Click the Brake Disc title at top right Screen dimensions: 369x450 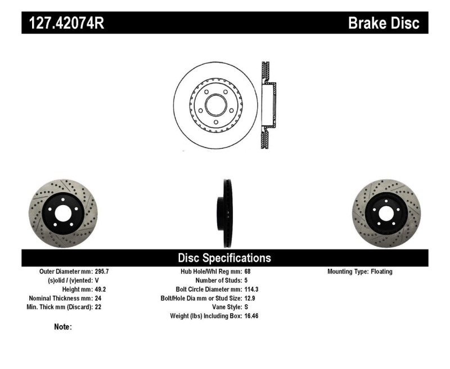tap(383, 23)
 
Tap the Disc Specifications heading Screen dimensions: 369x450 tap(224, 258)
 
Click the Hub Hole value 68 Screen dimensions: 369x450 tap(248, 272)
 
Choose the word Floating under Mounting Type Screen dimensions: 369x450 tap(381, 272)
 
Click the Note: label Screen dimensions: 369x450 tap(62, 327)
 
